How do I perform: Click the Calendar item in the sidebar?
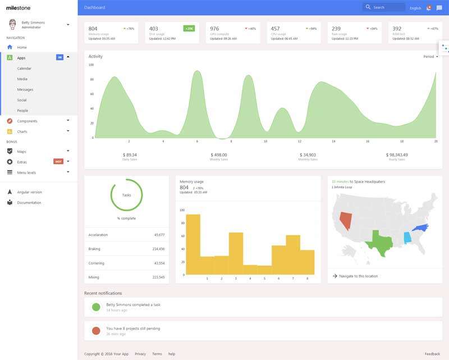24,69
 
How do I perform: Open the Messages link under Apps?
25,90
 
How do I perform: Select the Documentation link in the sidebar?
29,203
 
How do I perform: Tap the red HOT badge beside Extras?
58,162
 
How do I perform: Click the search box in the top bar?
384,7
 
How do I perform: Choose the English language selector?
415,8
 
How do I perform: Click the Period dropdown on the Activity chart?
430,57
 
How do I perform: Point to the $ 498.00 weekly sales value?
219,155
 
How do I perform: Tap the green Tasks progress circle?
127,195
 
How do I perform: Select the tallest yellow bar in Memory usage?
193,244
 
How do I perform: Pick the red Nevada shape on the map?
346,220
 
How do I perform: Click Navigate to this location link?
359,276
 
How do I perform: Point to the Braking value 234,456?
158,249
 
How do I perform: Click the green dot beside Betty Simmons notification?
96,307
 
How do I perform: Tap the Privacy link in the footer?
140,354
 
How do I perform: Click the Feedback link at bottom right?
432,354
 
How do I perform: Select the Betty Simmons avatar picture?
13,25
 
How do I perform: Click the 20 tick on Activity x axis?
436,142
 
